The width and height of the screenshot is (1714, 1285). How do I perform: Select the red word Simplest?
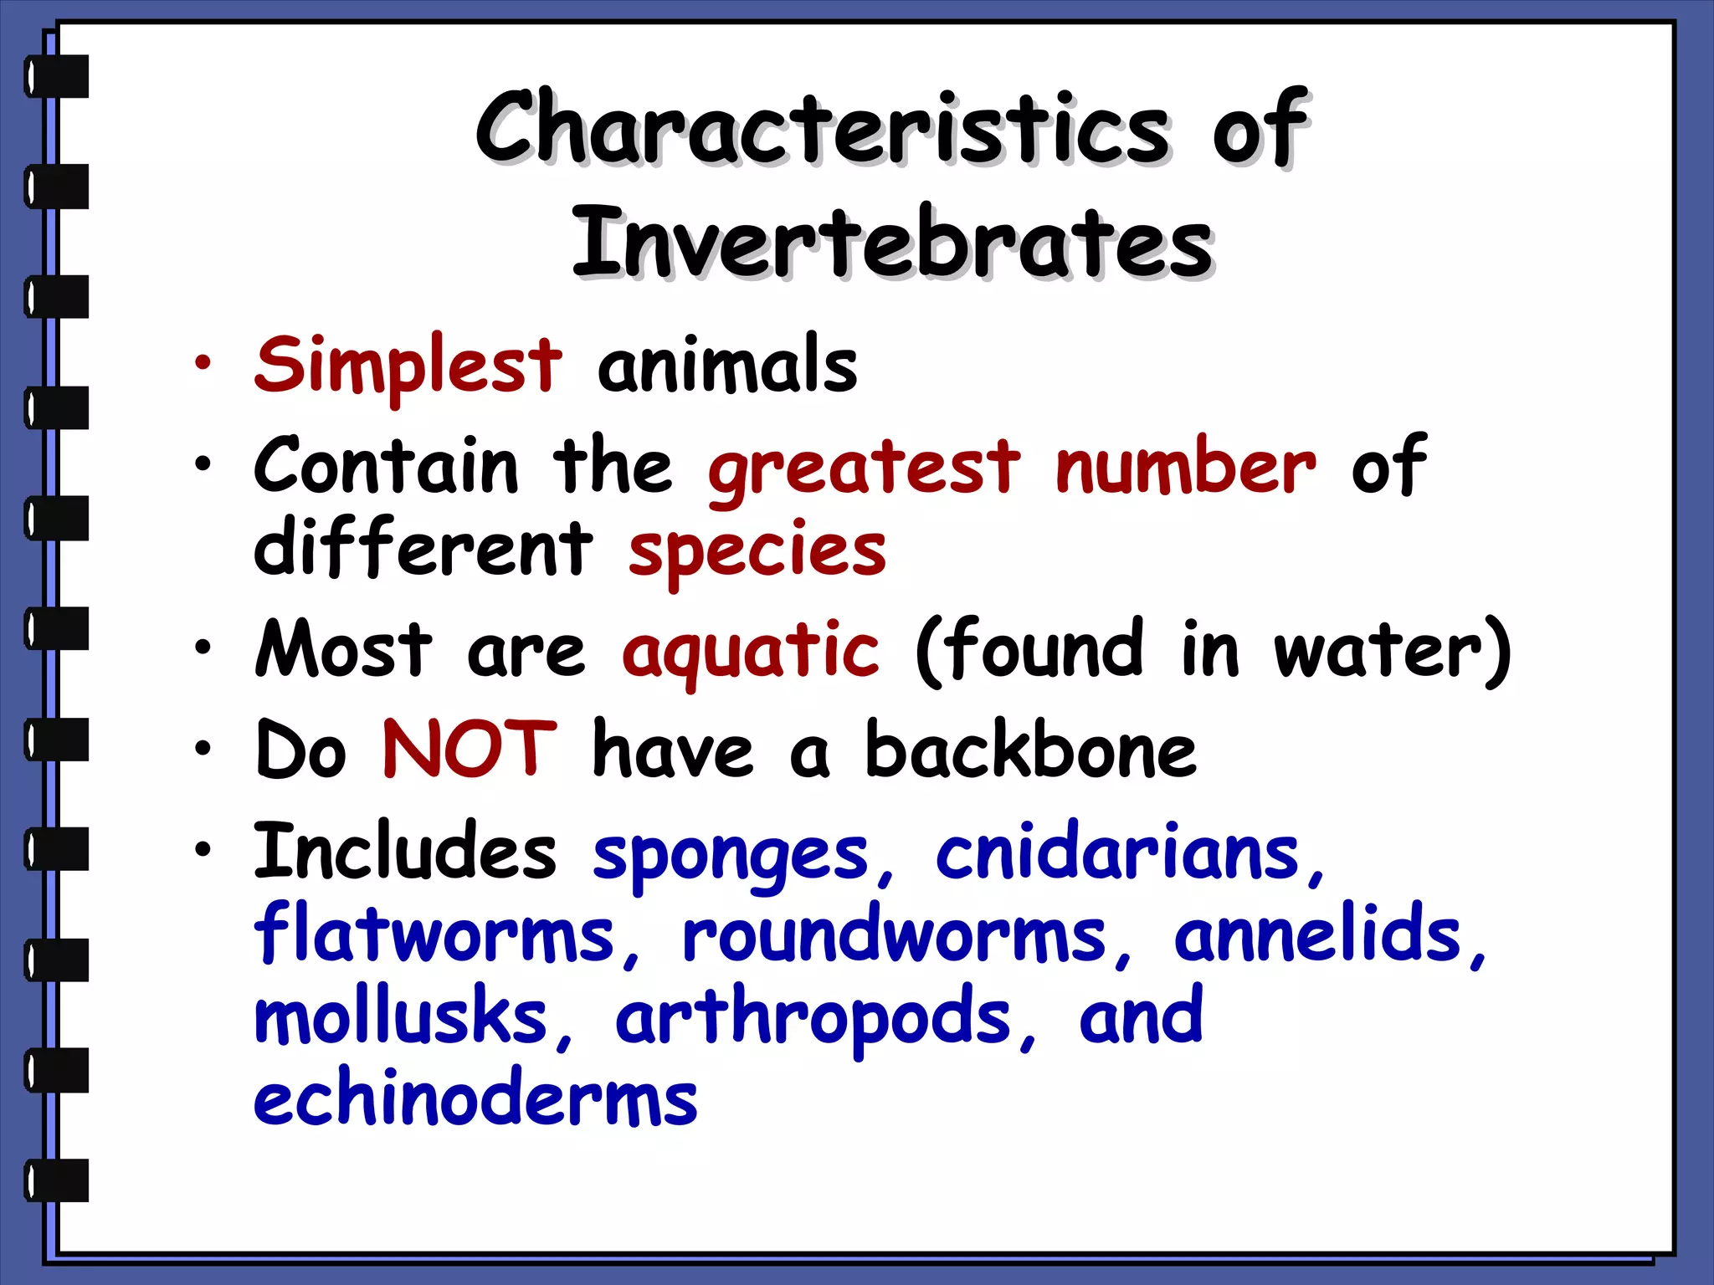click(x=408, y=366)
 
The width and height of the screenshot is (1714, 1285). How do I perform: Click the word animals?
click(x=727, y=366)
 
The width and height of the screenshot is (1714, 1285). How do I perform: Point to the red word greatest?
click(x=864, y=468)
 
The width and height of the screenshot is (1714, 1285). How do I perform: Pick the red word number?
click(x=1184, y=466)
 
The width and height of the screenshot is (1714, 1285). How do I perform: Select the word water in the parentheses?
click(x=1385, y=650)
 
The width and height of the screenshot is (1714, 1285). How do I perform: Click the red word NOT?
click(x=470, y=749)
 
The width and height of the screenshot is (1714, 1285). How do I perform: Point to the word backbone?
click(x=1030, y=749)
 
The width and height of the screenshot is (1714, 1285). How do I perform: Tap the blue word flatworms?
click(x=434, y=934)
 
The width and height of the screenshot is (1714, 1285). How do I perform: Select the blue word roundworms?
click(x=894, y=934)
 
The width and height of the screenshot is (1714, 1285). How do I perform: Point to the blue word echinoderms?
click(x=475, y=1098)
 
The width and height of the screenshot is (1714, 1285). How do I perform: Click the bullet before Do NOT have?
click(x=203, y=749)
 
